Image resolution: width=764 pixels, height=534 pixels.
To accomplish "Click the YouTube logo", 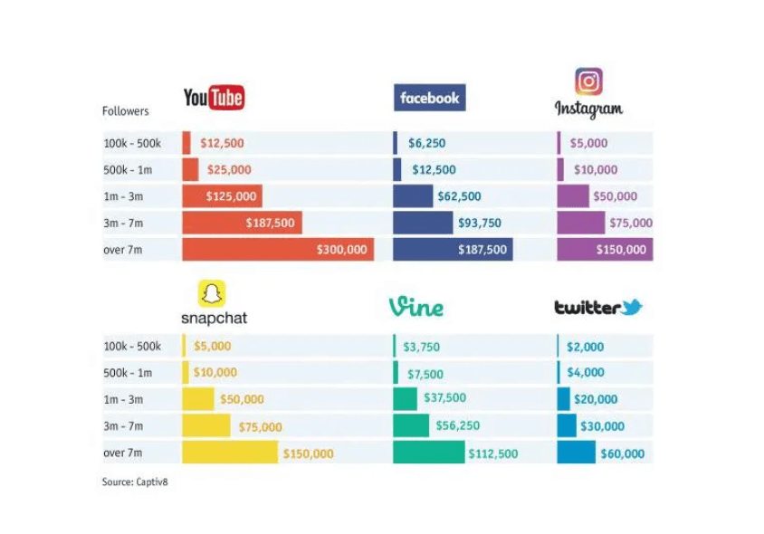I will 214,97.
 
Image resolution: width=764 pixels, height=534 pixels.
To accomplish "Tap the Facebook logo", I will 429,98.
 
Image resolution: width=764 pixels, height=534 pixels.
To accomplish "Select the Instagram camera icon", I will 588,81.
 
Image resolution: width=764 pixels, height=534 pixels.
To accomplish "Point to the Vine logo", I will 416,307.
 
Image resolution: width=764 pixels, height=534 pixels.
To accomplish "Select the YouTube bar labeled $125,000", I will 222,196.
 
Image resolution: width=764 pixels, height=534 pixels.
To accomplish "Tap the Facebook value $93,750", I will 480,223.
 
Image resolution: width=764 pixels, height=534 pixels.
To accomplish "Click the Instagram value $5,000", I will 588,143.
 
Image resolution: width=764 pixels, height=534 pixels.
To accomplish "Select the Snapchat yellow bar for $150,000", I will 230,453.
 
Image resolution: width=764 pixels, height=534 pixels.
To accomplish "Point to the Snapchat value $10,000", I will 215,373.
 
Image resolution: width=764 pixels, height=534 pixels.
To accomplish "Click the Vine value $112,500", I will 492,453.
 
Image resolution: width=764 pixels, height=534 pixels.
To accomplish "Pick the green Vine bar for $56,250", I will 411,425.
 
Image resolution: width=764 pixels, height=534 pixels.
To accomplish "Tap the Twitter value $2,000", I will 585,347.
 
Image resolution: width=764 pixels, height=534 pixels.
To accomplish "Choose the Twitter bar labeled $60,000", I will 576,453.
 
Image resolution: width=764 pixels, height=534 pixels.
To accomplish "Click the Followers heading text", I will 125,111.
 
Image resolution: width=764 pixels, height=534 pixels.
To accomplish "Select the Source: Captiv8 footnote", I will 135,482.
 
